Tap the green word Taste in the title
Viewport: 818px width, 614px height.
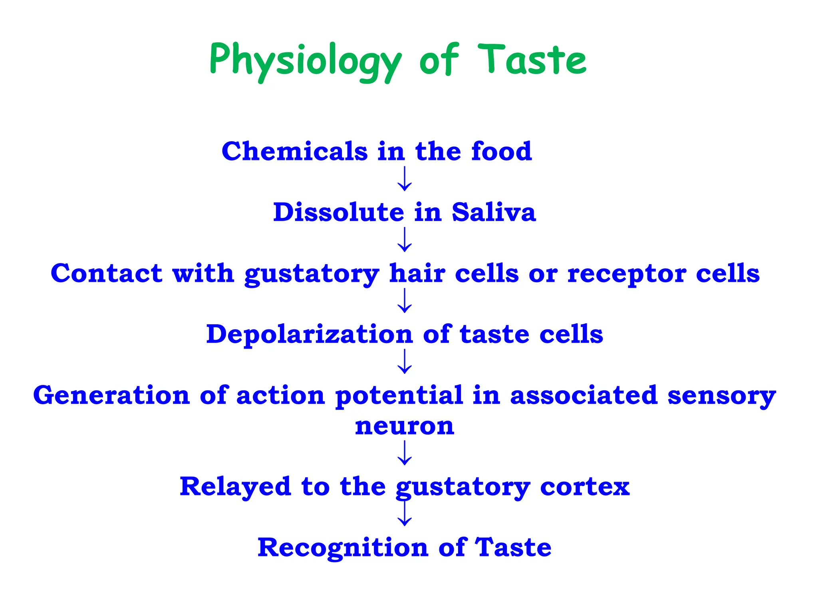coord(532,60)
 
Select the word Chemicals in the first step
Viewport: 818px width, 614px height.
coord(294,152)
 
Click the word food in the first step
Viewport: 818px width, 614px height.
coord(501,152)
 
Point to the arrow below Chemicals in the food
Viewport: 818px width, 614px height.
coord(405,179)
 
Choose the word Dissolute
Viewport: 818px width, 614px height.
coord(338,212)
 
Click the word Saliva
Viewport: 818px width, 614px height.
coord(494,212)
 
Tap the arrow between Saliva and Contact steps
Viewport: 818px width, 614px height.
coord(405,239)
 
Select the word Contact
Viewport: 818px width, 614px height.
coord(106,273)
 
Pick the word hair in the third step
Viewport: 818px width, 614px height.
coord(417,273)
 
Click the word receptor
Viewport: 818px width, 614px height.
coord(627,274)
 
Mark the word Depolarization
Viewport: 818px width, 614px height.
coord(309,335)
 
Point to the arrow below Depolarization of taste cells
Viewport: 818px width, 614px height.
coord(405,361)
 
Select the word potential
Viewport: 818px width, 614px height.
coord(399,396)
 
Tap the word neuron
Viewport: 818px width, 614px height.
coord(405,426)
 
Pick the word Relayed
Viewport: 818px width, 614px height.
coord(235,487)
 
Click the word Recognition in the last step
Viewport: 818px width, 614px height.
coord(343,548)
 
